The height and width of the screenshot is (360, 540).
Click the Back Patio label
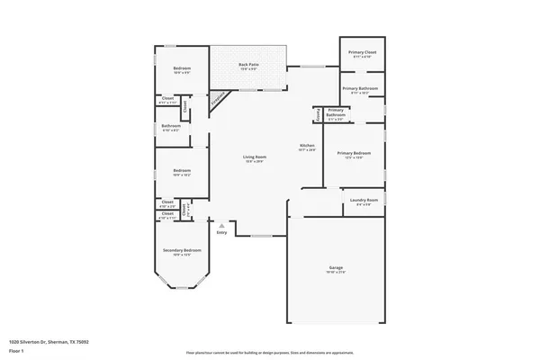(249, 65)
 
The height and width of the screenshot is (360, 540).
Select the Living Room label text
(255, 157)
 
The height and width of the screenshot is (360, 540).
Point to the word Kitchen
(306, 145)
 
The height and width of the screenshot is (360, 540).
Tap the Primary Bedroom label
(359, 154)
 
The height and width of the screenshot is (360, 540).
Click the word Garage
(336, 268)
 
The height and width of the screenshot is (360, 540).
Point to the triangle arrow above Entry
(221, 224)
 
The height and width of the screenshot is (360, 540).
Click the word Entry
(221, 231)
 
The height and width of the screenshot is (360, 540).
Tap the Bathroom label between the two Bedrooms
(171, 126)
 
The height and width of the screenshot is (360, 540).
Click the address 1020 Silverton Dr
(49, 342)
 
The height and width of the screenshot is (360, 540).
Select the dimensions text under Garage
(336, 273)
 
